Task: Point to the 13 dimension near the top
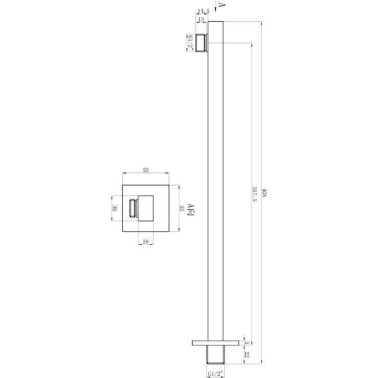[202, 20]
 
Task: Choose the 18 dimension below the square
[146, 242]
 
